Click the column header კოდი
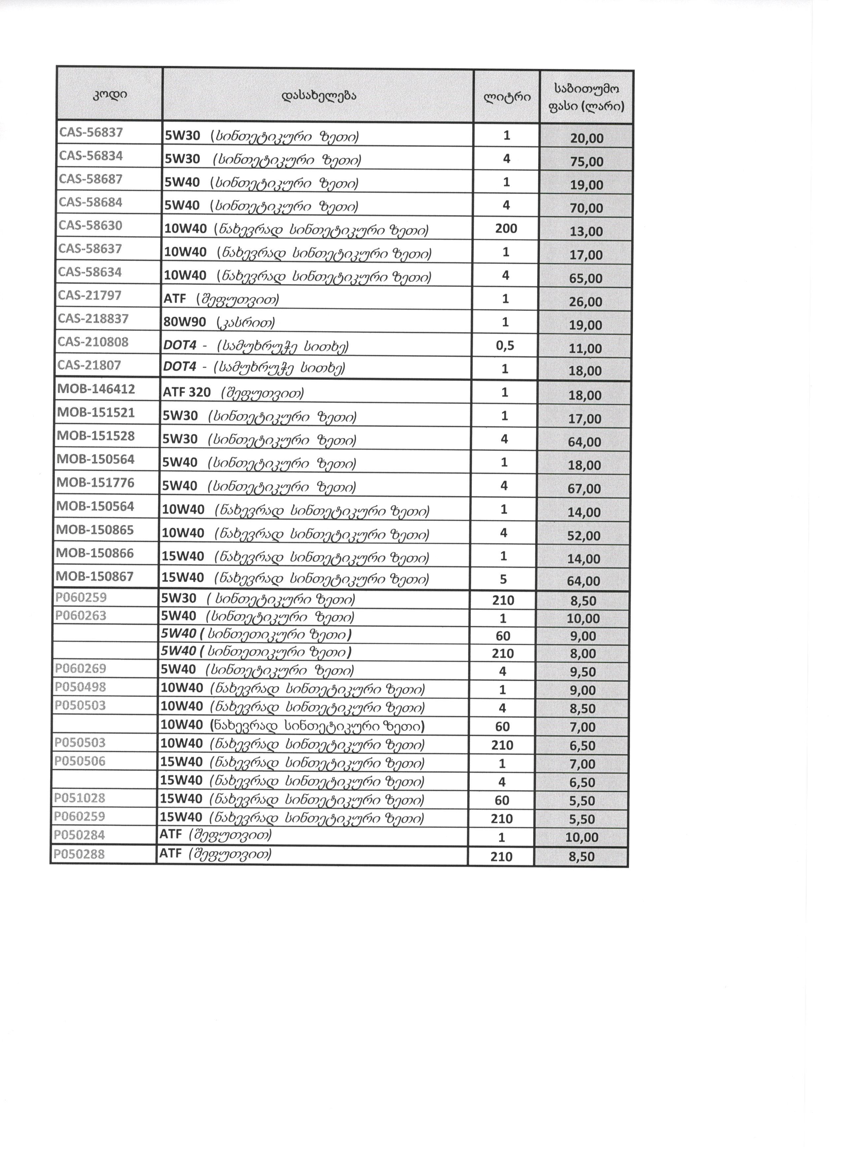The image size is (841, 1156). click(x=109, y=95)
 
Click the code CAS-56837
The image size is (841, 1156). click(x=91, y=133)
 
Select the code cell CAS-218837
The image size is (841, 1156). click(x=93, y=319)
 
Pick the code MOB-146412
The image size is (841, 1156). click(x=96, y=389)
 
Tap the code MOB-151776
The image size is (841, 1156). click(x=95, y=483)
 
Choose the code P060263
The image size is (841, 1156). click(x=80, y=616)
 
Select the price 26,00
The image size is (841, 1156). click(x=586, y=302)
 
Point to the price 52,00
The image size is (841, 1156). click(x=584, y=536)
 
